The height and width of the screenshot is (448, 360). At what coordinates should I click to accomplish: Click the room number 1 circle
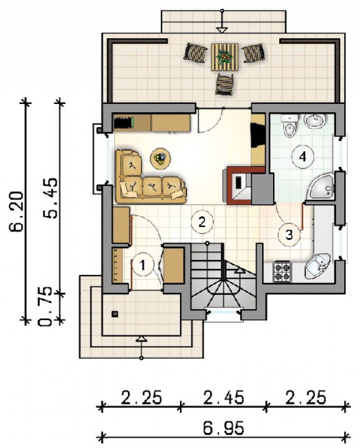(143, 265)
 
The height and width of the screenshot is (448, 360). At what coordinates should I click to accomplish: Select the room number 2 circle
(202, 222)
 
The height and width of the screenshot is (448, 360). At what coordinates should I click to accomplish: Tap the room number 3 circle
(289, 235)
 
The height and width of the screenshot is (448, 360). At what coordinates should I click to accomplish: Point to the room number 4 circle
(302, 157)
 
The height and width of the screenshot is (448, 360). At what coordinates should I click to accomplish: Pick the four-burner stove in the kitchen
(283, 271)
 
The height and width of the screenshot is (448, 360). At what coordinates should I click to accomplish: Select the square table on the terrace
(224, 57)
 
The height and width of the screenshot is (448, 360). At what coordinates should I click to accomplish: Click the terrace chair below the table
(224, 84)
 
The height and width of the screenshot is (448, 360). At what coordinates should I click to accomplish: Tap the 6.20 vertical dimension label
(15, 211)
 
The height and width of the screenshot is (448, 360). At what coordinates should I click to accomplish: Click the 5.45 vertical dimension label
(50, 198)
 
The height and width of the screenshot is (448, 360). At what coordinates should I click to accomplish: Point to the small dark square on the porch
(115, 314)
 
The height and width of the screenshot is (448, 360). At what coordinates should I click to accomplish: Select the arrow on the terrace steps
(222, 21)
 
